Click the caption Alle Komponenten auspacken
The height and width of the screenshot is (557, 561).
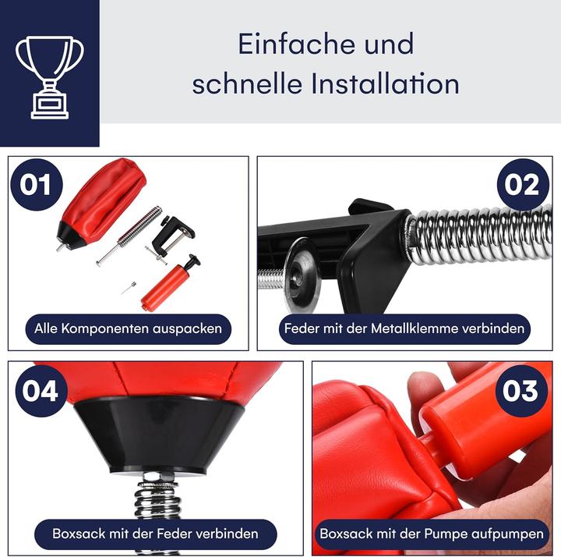(x=128, y=328)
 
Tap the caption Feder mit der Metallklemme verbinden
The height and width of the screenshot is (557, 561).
(x=404, y=328)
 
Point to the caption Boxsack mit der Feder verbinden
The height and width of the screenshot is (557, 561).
(x=155, y=534)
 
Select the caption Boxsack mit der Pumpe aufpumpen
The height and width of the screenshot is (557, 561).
(x=431, y=534)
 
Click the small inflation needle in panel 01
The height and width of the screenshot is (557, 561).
(x=128, y=289)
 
